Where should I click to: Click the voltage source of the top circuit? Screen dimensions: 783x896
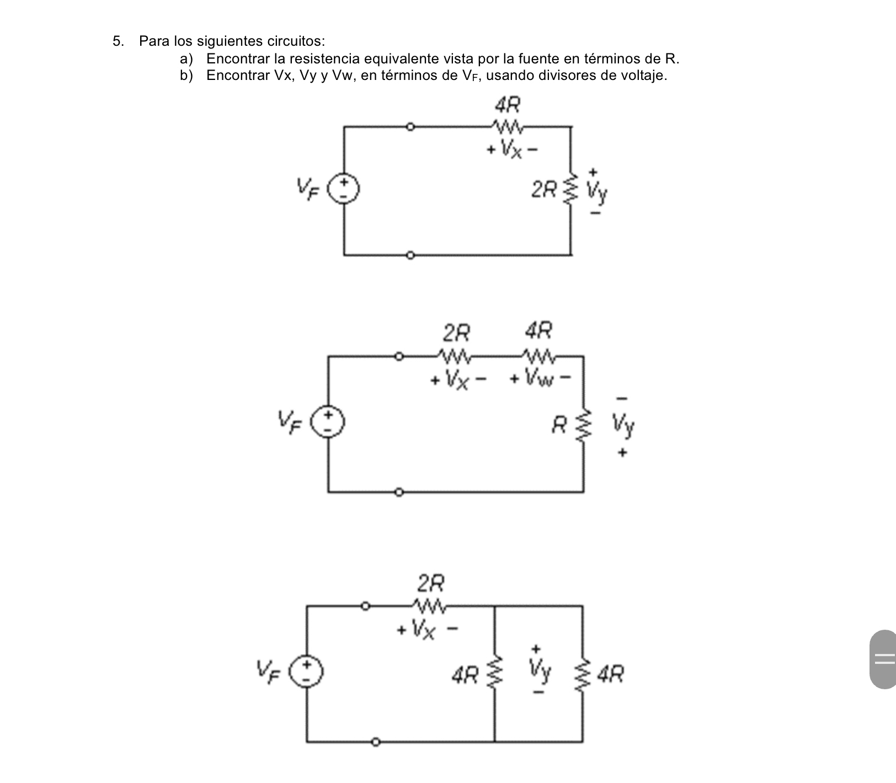[344, 189]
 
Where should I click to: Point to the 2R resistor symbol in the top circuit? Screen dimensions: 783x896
[571, 189]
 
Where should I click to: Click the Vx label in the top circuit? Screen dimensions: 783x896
[511, 149]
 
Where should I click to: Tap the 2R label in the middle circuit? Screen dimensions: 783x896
[457, 332]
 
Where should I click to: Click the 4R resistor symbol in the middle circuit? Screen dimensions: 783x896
[539, 357]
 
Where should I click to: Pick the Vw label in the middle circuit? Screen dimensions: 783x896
[538, 379]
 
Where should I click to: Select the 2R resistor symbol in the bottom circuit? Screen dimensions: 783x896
[429, 606]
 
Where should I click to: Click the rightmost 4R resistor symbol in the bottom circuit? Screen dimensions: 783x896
[582, 673]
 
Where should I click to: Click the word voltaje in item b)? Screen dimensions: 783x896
[644, 76]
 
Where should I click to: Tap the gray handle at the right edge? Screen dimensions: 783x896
[883, 659]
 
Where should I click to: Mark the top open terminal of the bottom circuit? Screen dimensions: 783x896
[365, 606]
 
